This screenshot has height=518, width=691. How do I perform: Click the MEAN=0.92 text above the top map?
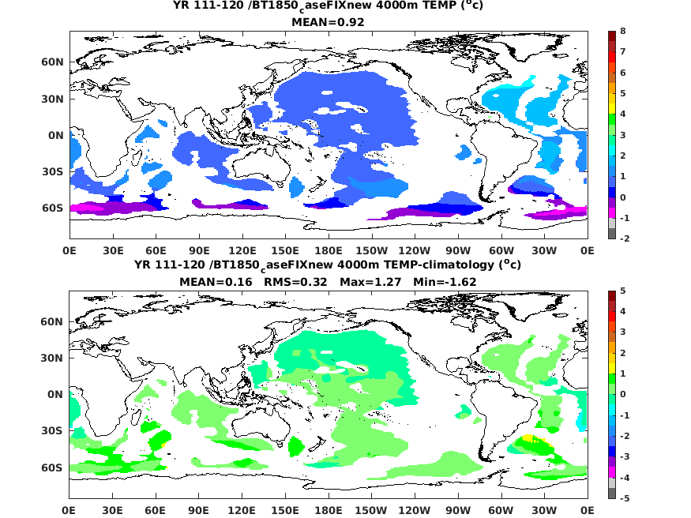(328, 22)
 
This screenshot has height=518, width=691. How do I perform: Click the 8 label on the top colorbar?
(623, 32)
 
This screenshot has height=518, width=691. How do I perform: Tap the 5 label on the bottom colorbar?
(623, 291)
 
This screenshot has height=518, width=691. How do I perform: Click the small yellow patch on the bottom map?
(528, 437)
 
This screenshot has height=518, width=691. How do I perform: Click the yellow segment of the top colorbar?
(610, 93)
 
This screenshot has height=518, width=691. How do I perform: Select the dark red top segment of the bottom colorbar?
(610, 296)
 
